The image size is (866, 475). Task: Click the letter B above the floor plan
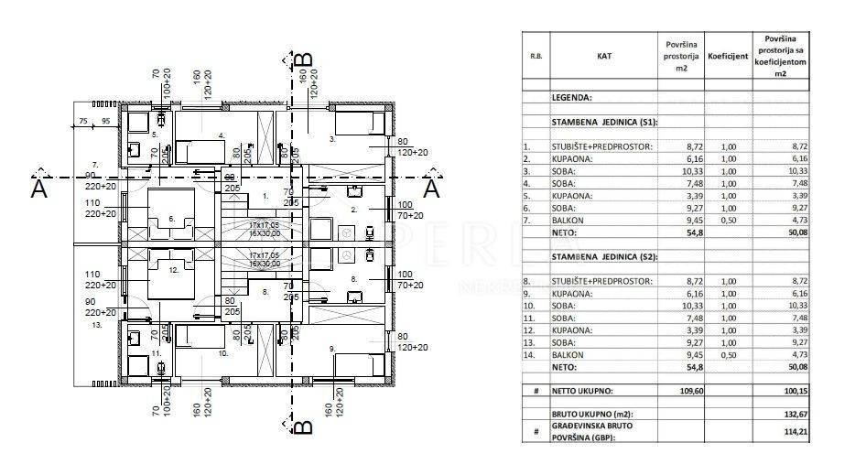click(x=306, y=65)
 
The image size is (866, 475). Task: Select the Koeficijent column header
click(x=728, y=56)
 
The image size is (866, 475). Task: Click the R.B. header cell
click(x=535, y=56)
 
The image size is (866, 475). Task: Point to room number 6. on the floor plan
click(x=171, y=220)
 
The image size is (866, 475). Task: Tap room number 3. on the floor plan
click(x=332, y=141)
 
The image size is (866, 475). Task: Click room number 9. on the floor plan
click(x=331, y=348)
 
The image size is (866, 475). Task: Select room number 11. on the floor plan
click(x=156, y=352)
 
